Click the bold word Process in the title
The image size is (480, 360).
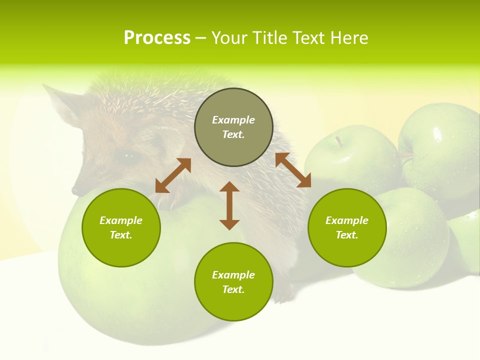(x=157, y=38)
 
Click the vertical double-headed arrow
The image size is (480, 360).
(x=229, y=205)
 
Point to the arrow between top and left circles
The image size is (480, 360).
(x=173, y=175)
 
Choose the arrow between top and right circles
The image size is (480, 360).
(x=293, y=170)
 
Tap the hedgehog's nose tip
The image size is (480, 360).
(x=75, y=191)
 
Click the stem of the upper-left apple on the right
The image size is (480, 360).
(x=339, y=141)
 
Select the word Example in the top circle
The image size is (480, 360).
(x=233, y=120)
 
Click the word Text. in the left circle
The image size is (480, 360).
(x=121, y=235)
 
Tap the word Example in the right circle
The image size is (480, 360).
(x=347, y=220)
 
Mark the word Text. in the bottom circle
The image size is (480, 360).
(x=233, y=289)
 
